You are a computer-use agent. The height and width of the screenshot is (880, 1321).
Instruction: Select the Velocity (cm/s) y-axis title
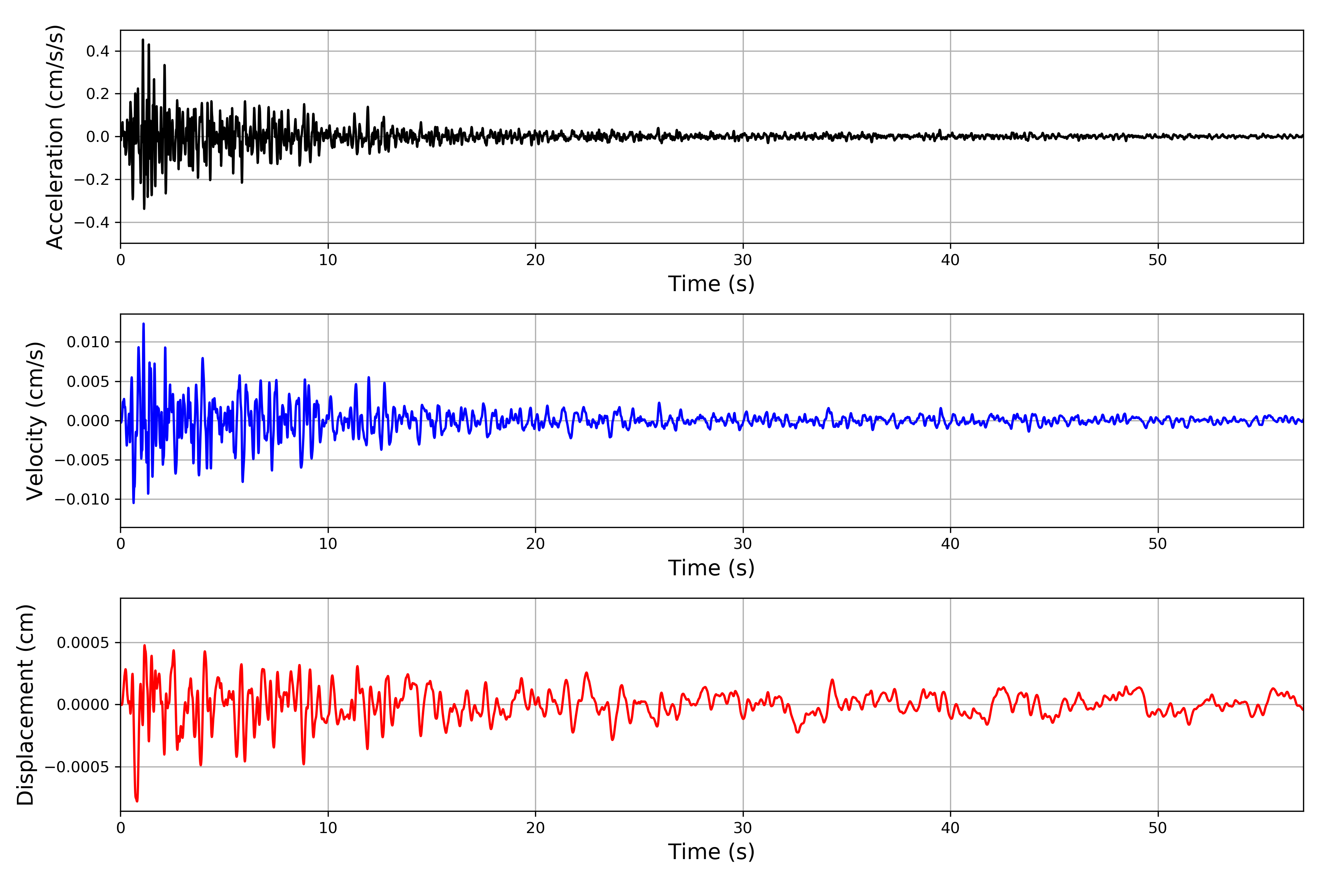click(x=35, y=421)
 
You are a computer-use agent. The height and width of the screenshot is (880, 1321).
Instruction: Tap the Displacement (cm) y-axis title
click(x=26, y=705)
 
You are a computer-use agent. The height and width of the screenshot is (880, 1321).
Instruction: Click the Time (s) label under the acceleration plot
click(x=711, y=284)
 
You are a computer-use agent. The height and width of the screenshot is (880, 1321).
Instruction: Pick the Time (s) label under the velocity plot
click(x=711, y=568)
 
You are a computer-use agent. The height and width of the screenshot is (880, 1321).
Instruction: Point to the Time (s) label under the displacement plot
click(x=711, y=852)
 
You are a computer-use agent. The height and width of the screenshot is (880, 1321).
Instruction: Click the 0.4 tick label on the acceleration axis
click(x=98, y=52)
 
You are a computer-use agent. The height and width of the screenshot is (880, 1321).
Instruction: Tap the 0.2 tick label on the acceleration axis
click(x=98, y=94)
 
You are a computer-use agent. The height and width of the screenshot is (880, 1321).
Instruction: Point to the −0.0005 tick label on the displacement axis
click(x=77, y=767)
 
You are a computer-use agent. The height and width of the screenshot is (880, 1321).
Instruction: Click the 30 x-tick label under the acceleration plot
click(x=742, y=260)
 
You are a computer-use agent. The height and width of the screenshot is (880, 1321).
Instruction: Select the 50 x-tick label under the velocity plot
click(x=1158, y=544)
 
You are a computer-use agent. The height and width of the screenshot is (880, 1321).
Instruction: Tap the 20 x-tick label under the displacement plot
click(x=535, y=828)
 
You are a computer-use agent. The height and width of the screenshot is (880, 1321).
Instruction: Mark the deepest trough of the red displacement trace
click(x=137, y=800)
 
